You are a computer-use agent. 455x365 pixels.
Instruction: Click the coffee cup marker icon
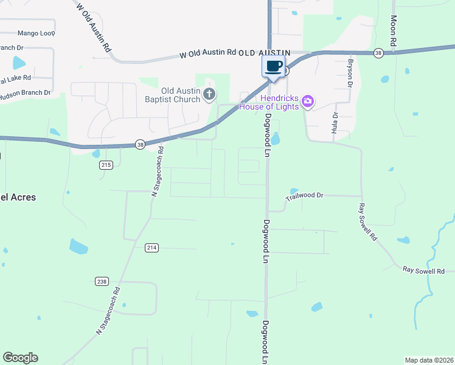click(x=273, y=66)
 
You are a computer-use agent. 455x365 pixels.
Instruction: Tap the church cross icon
click(x=209, y=94)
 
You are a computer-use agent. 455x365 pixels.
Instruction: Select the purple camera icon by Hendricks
click(x=308, y=101)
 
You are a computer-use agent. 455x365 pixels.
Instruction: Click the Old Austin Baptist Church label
click(x=172, y=94)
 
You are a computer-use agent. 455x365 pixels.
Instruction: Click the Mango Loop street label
click(x=36, y=33)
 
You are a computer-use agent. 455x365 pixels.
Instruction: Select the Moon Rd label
click(x=394, y=32)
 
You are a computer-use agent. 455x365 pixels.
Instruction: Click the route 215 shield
click(x=106, y=165)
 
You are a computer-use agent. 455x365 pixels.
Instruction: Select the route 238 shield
click(x=102, y=281)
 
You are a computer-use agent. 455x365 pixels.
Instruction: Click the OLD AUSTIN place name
click(x=264, y=54)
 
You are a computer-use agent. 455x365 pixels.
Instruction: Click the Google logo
click(x=20, y=358)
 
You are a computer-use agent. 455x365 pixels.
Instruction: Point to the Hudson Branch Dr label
click(x=24, y=92)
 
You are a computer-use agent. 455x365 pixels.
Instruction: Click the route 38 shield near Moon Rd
click(x=378, y=53)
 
